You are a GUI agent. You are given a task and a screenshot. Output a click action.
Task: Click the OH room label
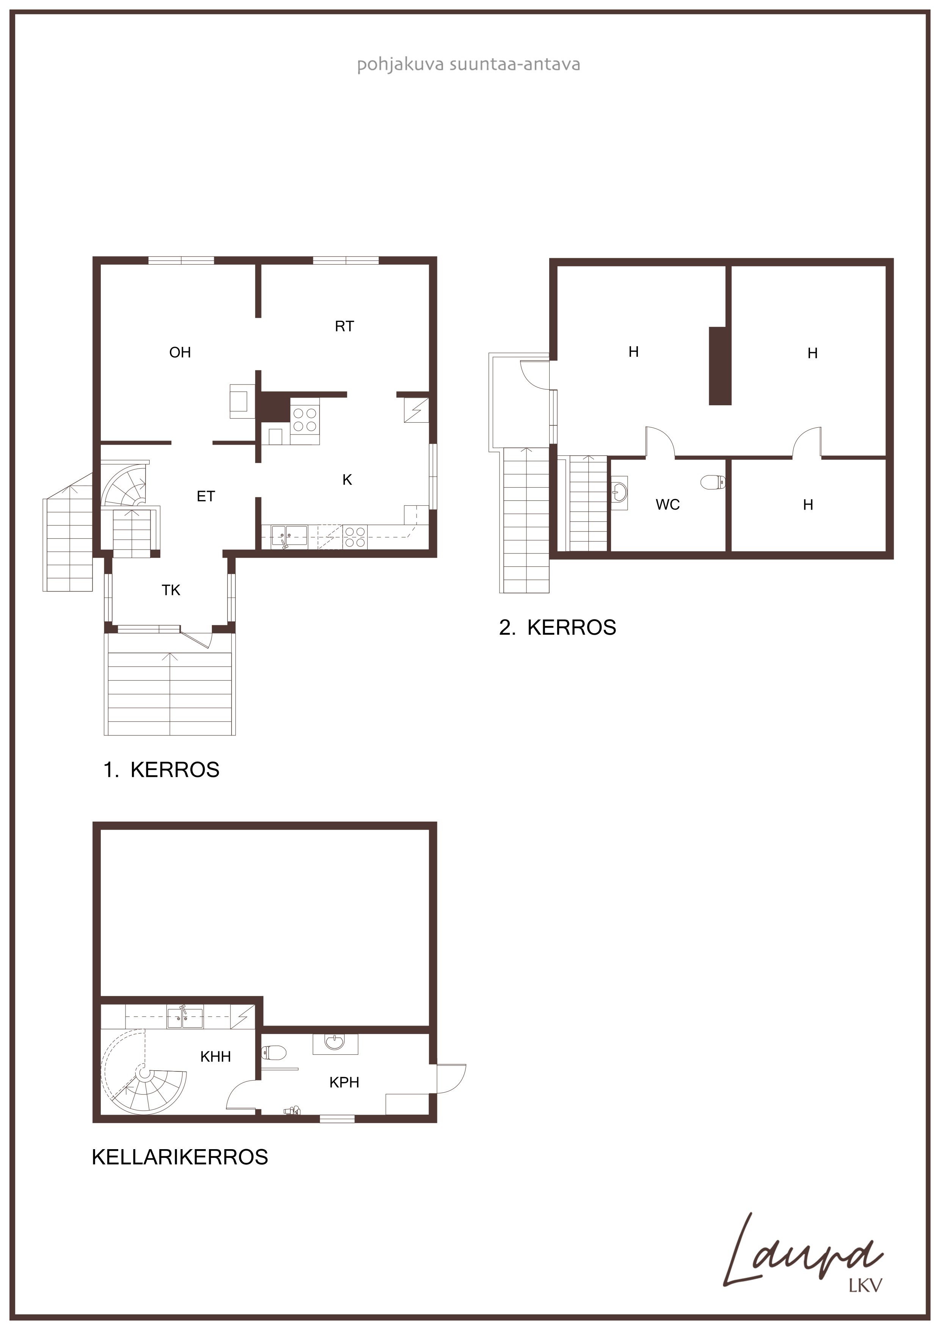tap(180, 352)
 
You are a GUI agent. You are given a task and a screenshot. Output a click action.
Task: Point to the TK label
tap(171, 590)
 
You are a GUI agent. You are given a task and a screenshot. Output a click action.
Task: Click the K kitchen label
tap(347, 480)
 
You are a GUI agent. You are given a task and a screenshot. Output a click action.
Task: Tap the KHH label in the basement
tap(215, 1057)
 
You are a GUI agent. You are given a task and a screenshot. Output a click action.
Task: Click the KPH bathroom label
tap(344, 1082)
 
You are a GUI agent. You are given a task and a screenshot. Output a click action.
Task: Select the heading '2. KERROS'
tap(557, 628)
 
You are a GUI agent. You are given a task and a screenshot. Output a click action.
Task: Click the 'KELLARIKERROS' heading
tap(180, 1157)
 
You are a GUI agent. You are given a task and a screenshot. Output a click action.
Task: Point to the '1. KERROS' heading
tap(161, 770)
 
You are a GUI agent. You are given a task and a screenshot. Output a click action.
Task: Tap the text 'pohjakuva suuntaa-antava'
tap(468, 64)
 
